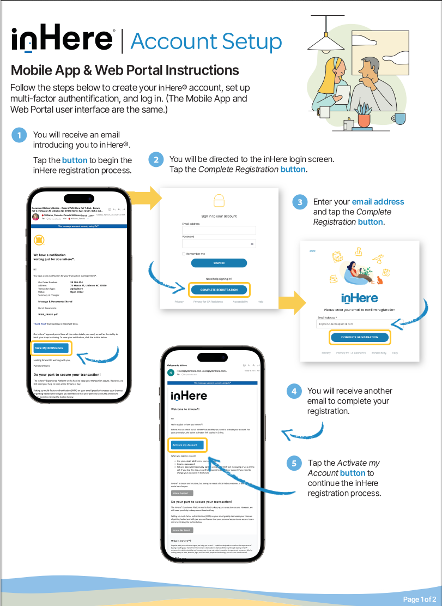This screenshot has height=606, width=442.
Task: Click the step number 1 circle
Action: [x=19, y=135]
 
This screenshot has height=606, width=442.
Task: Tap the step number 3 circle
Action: [x=299, y=202]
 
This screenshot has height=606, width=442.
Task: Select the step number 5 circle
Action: [x=294, y=464]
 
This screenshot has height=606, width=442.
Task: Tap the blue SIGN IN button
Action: [x=219, y=263]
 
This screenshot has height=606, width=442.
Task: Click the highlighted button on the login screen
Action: [x=219, y=290]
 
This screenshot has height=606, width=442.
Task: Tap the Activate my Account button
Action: [x=185, y=445]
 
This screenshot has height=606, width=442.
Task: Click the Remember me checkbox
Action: [x=184, y=254]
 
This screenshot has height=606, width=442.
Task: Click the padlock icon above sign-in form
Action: [x=219, y=201]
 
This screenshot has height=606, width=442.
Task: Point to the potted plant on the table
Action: [x=363, y=116]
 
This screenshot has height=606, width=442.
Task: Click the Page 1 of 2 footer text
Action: [x=419, y=599]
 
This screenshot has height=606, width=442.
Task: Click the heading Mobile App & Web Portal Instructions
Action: [x=125, y=70]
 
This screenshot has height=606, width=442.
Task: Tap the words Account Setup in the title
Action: [x=206, y=41]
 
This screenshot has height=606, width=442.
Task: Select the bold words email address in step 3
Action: [x=378, y=202]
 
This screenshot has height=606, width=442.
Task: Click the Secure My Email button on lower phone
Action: [x=183, y=530]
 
